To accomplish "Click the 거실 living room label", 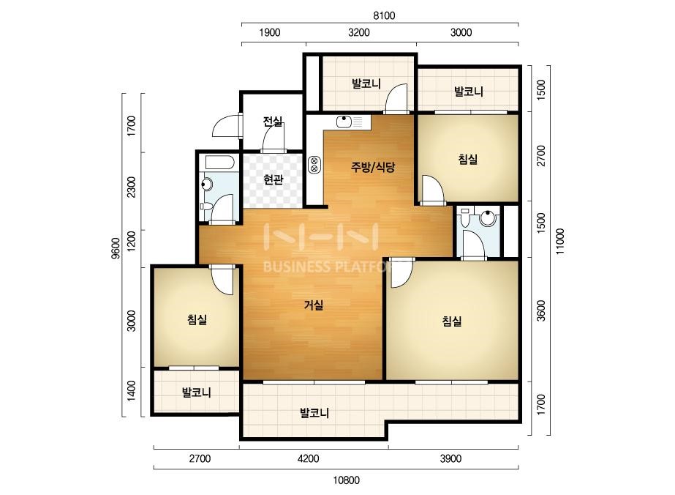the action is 314,305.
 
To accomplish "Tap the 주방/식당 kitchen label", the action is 373,167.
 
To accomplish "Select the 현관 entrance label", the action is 274,179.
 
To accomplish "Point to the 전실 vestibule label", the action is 273,122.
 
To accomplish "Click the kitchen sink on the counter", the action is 344,122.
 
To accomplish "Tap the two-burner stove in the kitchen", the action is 314,165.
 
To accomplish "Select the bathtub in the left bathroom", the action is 219,162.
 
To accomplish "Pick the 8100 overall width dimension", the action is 384,15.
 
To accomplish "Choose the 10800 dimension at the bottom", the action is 347,480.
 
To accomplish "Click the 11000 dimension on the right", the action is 559,241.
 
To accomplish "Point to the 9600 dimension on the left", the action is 116,248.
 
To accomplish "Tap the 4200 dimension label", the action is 308,458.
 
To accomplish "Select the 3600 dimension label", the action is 542,310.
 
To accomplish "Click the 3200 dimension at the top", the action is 359,32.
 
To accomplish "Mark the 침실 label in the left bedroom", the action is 197,319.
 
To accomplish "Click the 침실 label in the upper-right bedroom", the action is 468,159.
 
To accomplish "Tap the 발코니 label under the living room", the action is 314,413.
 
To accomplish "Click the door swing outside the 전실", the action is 225,127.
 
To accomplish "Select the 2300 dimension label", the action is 132,187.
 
